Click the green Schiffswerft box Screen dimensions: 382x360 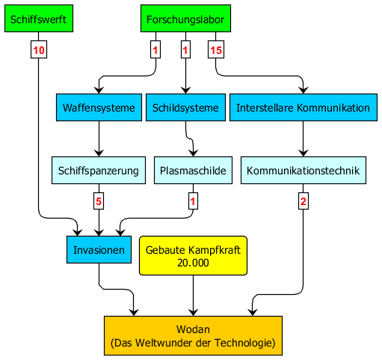pos(39,18)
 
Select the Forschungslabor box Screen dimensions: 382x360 pos(185,18)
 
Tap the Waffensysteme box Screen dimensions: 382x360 pos(99,108)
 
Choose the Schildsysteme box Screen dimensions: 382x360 pos(185,108)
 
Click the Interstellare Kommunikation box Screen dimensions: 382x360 pos(304,108)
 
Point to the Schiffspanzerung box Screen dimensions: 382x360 pos(99,171)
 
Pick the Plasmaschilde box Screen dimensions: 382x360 pos(193,171)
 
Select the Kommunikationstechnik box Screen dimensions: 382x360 pos(304,171)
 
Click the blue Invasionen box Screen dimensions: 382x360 pos(99,249)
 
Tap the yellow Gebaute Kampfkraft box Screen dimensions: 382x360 pos(193,256)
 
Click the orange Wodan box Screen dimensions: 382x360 pos(193,335)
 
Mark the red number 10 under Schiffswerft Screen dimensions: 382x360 pos(39,50)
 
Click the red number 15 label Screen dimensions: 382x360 pos(216,50)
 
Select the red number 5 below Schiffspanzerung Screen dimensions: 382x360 pos(99,201)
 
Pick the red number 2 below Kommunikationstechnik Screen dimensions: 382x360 pos(304,201)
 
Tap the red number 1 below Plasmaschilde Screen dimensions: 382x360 pos(193,201)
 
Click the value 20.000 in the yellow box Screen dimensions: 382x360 pos(193,263)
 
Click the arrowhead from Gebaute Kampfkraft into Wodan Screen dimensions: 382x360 pos(193,313)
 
